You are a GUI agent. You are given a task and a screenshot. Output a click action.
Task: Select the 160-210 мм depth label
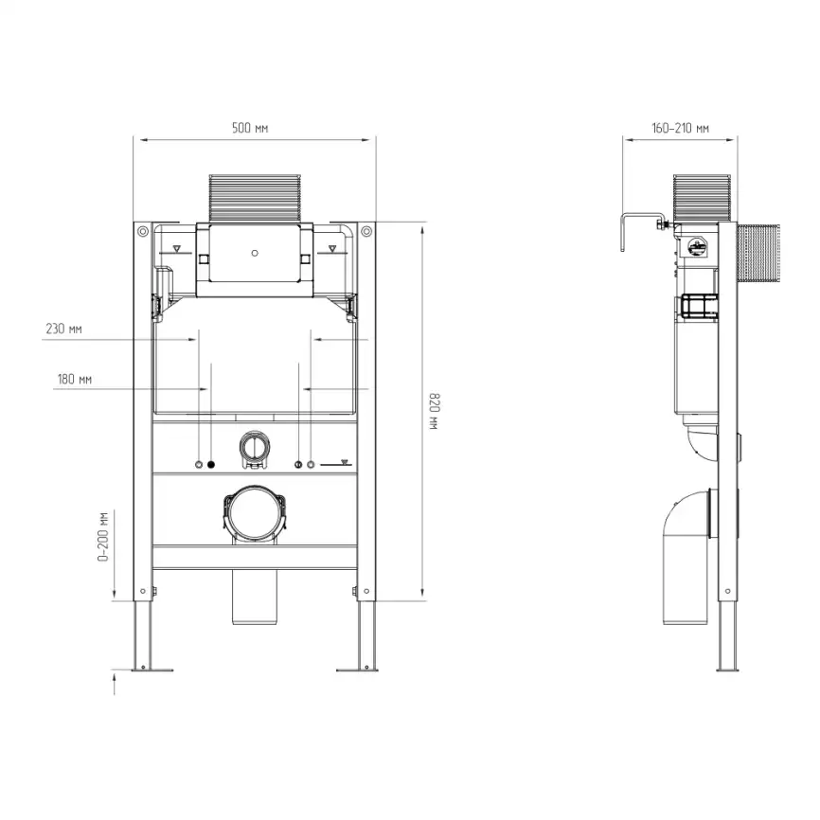pos(680,128)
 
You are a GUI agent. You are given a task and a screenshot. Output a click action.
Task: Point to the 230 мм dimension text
pos(63,329)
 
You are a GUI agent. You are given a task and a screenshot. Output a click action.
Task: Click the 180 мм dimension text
pos(74,379)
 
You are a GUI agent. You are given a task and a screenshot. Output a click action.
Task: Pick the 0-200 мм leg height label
pos(102,537)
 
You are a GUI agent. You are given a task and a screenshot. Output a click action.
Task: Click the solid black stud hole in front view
pos(211,464)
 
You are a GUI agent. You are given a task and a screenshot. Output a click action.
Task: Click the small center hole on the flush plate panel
pos(254,254)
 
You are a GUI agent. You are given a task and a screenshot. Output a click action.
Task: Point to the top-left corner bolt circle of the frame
pos(141,230)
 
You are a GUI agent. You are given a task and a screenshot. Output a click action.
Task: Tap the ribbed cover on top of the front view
pos(254,197)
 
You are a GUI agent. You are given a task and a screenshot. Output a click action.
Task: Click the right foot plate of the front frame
pos(359,668)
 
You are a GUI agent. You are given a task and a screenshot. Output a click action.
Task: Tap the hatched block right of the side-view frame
pos(757,254)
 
